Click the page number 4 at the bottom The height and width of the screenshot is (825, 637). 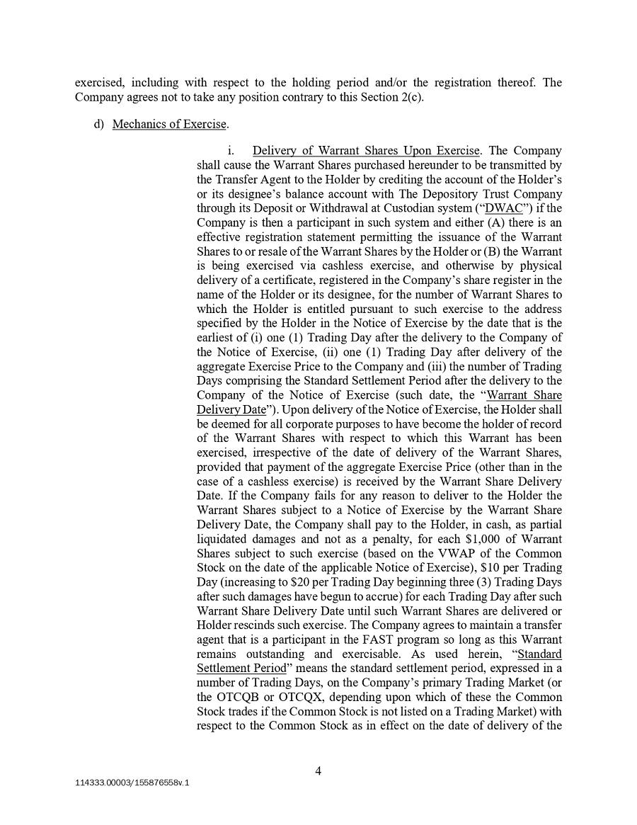click(318, 771)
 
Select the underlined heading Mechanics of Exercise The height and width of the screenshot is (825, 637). click(169, 125)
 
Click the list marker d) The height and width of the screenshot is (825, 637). click(99, 125)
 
